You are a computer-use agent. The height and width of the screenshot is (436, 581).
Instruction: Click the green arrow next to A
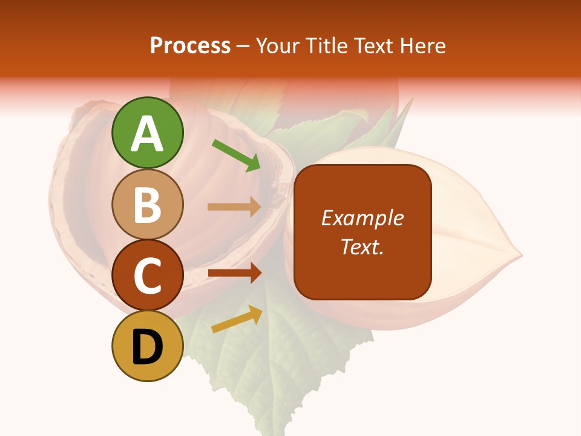pos(237,155)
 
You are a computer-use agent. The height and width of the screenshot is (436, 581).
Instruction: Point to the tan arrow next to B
pos(234,207)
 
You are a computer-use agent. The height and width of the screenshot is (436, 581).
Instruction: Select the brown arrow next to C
pos(234,273)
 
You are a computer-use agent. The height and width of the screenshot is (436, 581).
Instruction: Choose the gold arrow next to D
pos(237,319)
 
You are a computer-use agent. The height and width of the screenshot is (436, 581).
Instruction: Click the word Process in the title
pos(190,45)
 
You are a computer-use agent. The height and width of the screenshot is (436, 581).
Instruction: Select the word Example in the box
pos(362,218)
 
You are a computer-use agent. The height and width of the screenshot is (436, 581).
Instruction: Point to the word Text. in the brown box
pos(362,246)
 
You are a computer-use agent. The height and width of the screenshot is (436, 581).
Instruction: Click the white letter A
pos(147,134)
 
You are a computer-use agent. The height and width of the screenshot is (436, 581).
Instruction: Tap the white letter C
pos(147,276)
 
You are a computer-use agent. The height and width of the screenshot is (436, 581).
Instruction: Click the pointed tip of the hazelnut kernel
pos(520,257)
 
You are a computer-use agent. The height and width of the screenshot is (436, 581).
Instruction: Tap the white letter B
pos(147,205)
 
